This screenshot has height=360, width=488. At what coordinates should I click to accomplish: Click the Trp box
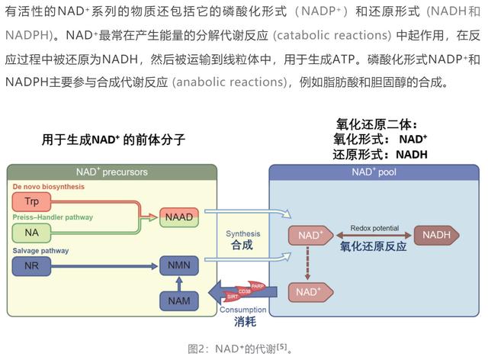(31, 201)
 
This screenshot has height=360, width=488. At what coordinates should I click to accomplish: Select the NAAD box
(178, 217)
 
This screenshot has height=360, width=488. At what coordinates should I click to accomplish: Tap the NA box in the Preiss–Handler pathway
(31, 232)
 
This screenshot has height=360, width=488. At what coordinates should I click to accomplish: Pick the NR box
(31, 266)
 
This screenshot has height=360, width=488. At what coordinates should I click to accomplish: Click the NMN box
(178, 266)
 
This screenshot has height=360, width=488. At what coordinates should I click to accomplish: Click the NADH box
(435, 235)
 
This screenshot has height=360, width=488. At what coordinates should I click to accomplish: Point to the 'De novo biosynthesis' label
(48, 187)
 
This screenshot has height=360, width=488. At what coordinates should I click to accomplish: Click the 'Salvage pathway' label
(40, 251)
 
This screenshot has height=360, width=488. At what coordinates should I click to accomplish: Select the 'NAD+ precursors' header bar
(112, 172)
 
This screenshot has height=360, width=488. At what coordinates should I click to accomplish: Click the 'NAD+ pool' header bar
(374, 172)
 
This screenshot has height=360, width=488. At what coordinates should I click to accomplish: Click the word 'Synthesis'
(242, 234)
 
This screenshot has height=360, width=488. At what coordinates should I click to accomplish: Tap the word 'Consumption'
(242, 310)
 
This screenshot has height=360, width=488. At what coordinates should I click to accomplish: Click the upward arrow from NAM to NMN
(178, 283)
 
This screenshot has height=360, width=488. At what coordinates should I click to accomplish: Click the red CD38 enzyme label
(243, 291)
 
